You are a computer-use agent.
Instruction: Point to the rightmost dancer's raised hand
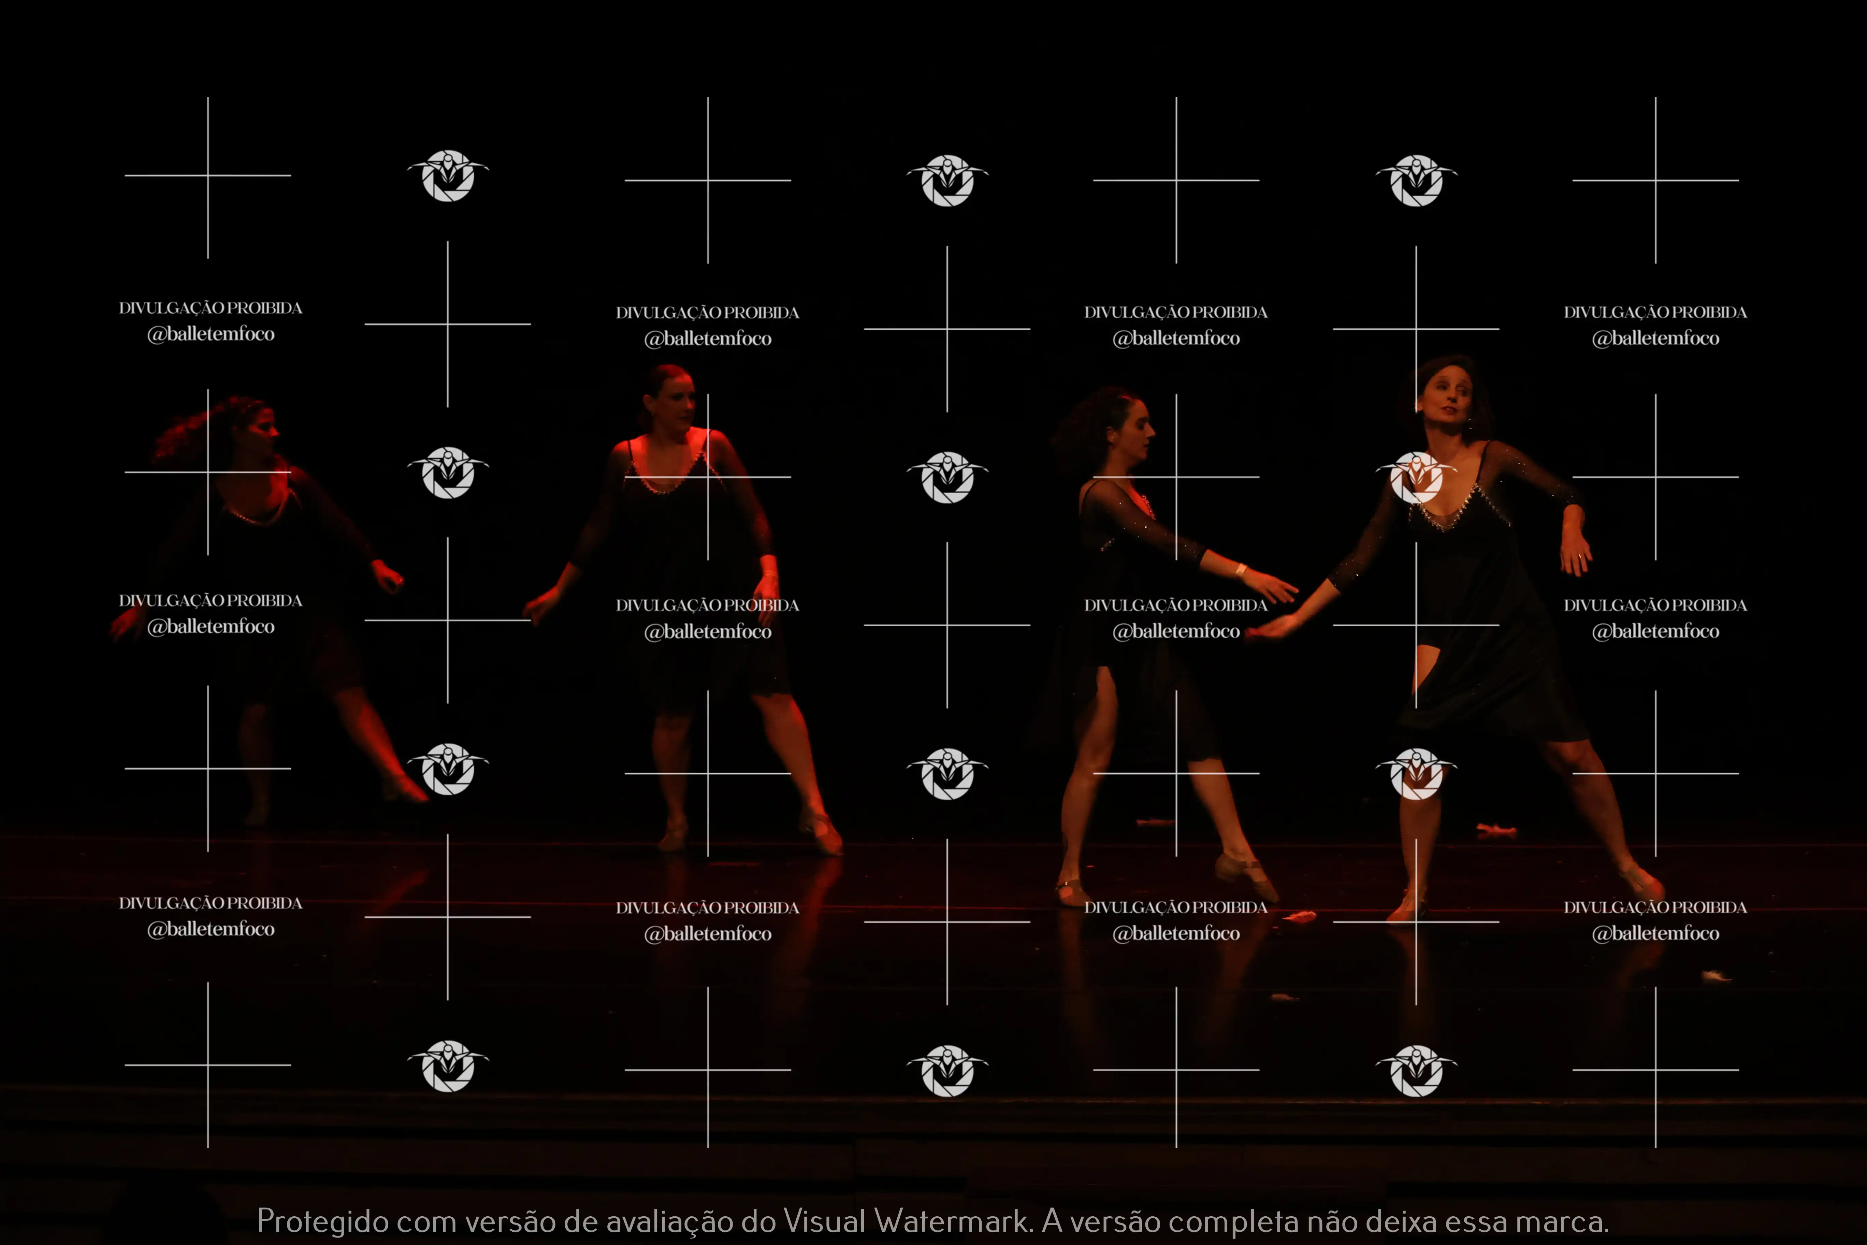tap(1576, 548)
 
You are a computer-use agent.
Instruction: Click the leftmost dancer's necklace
tap(258, 512)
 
